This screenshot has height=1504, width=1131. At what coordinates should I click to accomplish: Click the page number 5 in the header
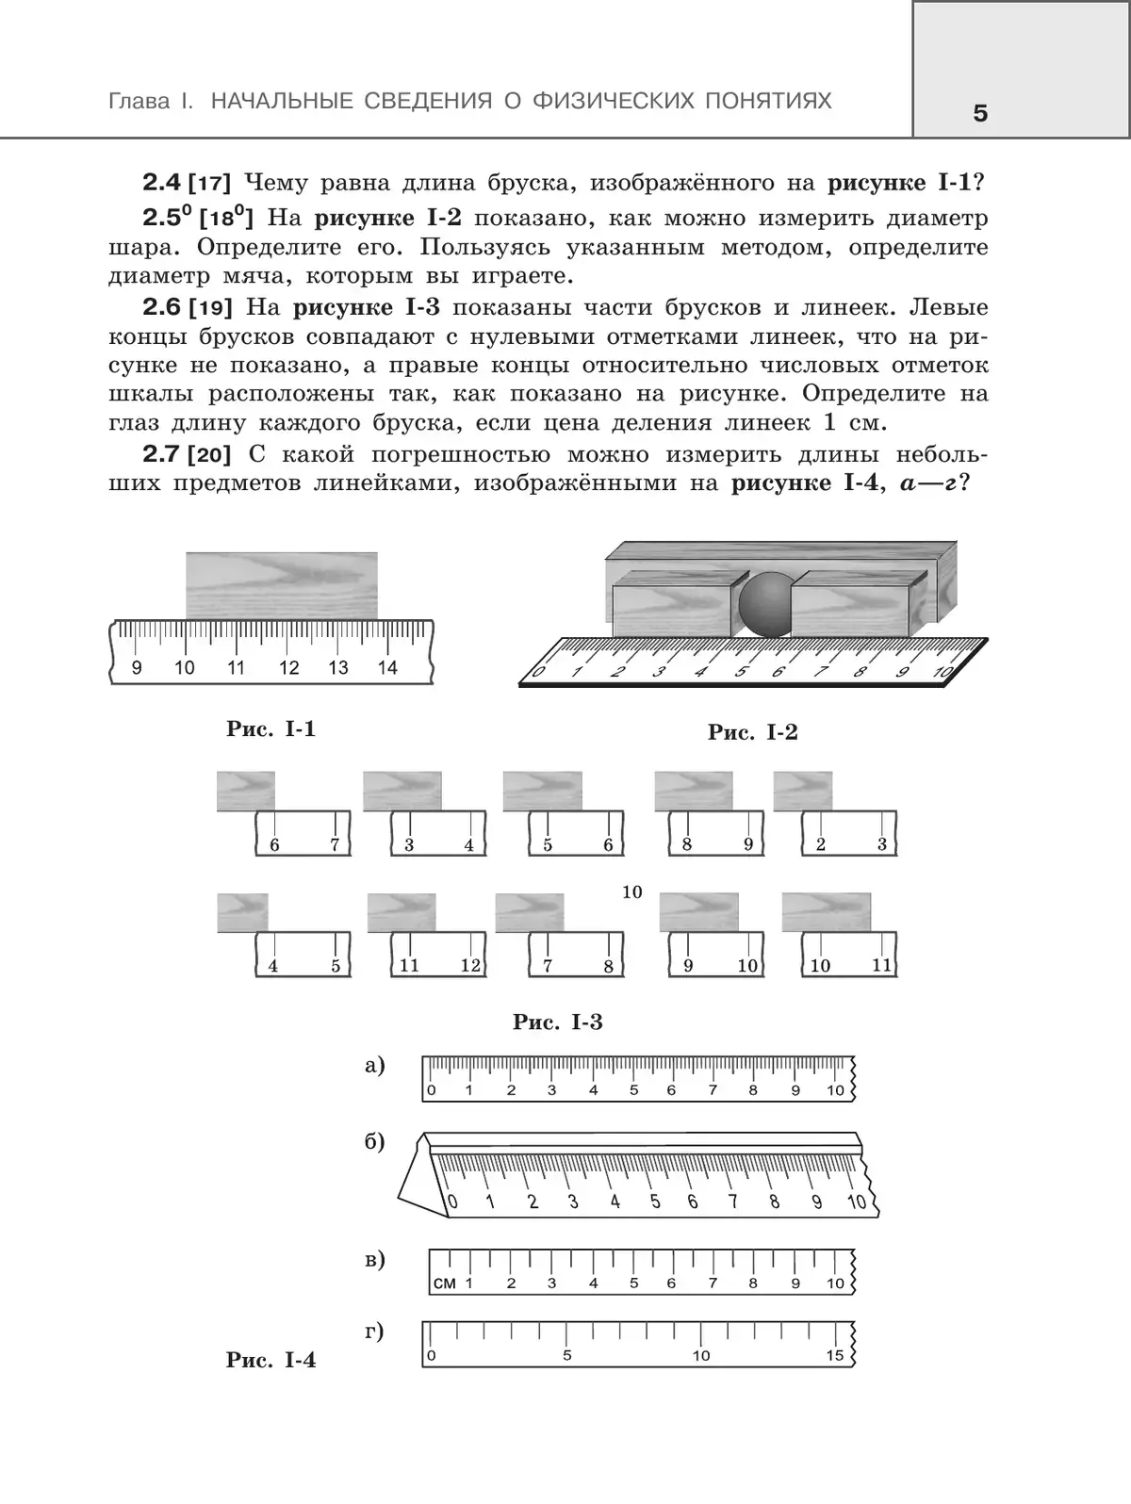coord(980,113)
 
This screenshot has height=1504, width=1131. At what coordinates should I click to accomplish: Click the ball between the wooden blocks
coord(765,604)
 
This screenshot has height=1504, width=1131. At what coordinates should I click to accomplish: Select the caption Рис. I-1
coord(271,728)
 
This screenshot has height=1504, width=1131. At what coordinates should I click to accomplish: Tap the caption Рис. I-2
coord(753,732)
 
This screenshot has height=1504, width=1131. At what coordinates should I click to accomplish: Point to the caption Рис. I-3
coord(558,1022)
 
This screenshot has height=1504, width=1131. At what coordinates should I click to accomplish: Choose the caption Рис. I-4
coord(271,1360)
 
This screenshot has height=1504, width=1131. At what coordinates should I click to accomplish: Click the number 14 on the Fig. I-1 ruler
coord(387,667)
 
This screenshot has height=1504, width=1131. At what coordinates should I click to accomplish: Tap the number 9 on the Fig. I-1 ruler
coord(137,667)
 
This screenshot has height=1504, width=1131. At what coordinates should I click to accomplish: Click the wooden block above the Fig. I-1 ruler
coord(282,586)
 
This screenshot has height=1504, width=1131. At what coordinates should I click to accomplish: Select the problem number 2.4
coord(162,183)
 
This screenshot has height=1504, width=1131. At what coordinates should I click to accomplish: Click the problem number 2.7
coord(162,454)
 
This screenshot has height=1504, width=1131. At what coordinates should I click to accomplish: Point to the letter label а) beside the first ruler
coord(375,1066)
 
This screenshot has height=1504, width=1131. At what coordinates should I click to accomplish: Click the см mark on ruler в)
coord(445,1283)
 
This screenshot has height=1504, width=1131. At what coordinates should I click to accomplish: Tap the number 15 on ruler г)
coord(834,1354)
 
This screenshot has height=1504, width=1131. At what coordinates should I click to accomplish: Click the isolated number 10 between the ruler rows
coord(632,891)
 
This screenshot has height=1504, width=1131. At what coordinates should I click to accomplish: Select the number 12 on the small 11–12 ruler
coord(470,965)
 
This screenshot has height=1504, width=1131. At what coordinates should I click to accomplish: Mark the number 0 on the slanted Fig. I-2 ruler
coord(538,671)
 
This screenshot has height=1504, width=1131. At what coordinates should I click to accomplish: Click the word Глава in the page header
coord(139,102)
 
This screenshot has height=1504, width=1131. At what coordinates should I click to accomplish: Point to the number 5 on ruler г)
coord(567,1354)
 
